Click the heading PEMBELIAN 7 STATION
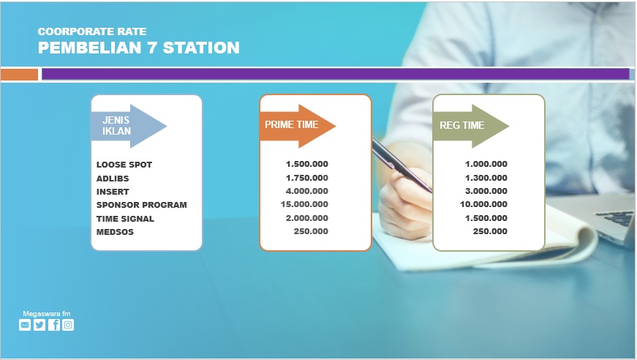coord(138,48)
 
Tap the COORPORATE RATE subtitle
coord(92,31)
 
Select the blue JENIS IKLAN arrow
coord(129,126)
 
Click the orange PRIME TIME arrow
coord(298,126)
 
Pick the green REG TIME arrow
coord(471,126)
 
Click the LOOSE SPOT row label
coord(124,165)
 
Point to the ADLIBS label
coord(113,179)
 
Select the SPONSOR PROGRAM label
coord(141,205)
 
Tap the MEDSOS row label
coord(115,232)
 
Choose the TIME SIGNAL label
coord(125,219)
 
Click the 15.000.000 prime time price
coord(304,204)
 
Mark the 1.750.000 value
coord(306,178)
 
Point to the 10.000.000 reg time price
coord(483,204)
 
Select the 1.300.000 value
coord(486,178)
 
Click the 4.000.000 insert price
coord(306,191)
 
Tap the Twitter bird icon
coord(39,325)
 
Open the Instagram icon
coord(68,325)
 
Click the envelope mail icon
coord(25,325)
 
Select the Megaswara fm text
coord(47,314)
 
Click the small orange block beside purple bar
coord(19,75)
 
